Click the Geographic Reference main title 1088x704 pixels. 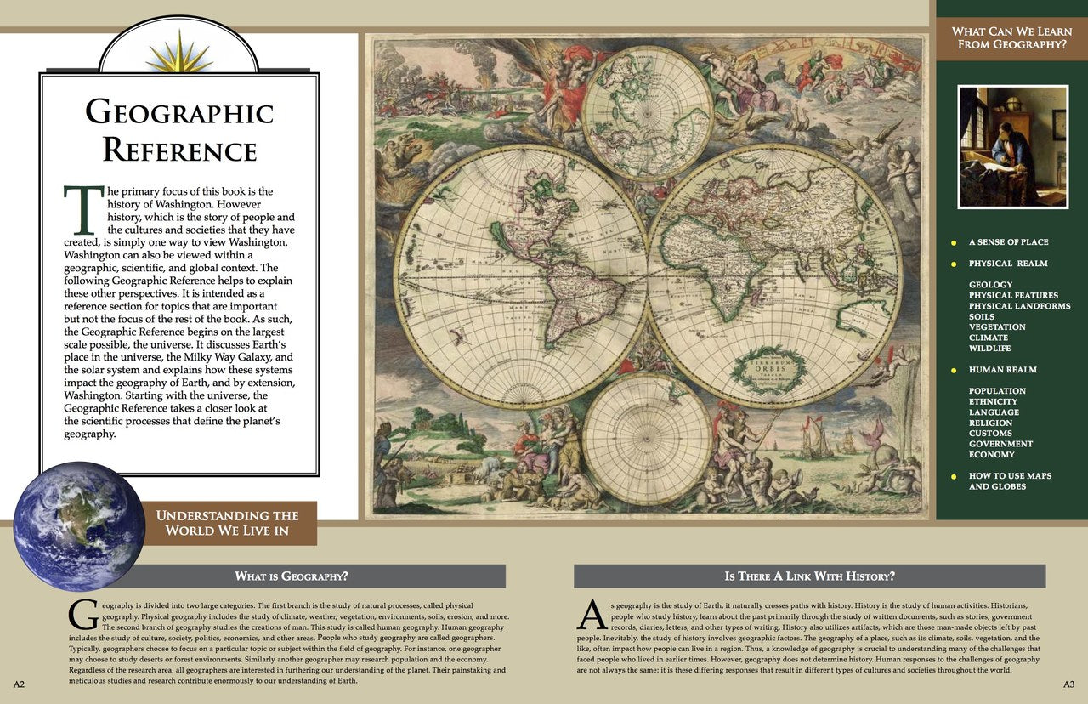pyautogui.click(x=179, y=130)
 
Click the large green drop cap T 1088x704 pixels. pyautogui.click(x=83, y=211)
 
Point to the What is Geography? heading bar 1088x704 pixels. pyautogui.click(x=291, y=576)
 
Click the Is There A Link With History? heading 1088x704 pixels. pyautogui.click(x=809, y=576)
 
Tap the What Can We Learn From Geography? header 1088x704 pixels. pyautogui.click(x=1011, y=38)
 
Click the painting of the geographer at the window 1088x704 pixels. pyautogui.click(x=1012, y=146)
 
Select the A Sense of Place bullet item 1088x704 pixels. pyautogui.click(x=1008, y=242)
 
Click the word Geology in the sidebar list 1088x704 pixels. pyautogui.click(x=990, y=285)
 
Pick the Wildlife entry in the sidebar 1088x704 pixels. pyautogui.click(x=989, y=349)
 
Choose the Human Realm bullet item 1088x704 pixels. pyautogui.click(x=1002, y=370)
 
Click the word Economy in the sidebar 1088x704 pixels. pyautogui.click(x=991, y=455)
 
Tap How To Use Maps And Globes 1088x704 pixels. pyautogui.click(x=1010, y=481)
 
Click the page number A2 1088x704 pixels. pyautogui.click(x=19, y=684)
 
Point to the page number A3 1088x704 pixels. pyautogui.click(x=1068, y=684)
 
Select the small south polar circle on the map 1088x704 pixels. pyautogui.click(x=648, y=439)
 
